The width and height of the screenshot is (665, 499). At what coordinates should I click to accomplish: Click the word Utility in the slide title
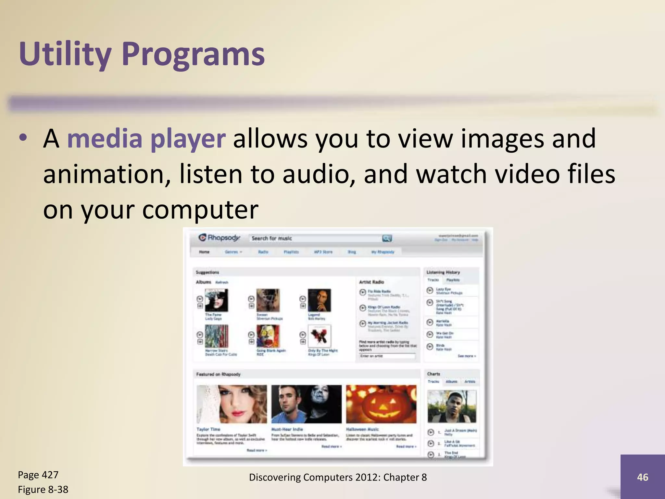65,54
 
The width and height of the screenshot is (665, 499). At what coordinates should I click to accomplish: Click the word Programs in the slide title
193,54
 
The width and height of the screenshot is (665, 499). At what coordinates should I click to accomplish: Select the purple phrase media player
146,139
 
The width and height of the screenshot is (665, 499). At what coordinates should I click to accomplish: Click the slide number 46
642,477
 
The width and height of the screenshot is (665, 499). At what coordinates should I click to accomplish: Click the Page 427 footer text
38,475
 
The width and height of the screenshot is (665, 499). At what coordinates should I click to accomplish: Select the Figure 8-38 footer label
43,489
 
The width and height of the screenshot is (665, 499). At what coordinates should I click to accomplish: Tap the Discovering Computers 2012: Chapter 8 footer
338,477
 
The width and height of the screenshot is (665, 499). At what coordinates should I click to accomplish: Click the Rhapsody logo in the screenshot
219,238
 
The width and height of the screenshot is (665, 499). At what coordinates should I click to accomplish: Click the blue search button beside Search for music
387,238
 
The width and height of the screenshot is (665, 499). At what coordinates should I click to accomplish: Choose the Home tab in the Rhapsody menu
204,252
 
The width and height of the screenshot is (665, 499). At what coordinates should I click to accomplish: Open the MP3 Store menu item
323,252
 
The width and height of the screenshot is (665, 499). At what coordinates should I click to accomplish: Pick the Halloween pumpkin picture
381,404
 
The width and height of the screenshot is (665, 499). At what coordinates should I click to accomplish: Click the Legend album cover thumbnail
319,300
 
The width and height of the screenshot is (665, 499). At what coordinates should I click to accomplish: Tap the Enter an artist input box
387,356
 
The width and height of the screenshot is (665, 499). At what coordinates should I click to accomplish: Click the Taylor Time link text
208,429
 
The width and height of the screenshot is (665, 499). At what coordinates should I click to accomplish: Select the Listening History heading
443,272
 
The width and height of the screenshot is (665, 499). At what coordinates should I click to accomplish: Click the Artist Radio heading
371,282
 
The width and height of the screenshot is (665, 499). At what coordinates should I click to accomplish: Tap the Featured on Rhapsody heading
218,374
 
